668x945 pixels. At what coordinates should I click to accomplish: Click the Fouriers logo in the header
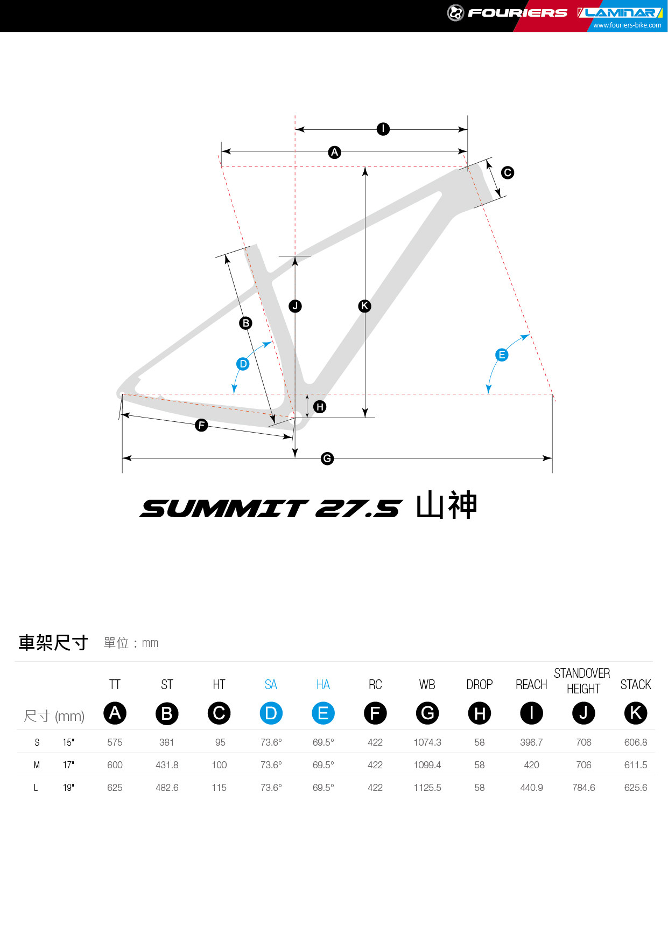point(507,12)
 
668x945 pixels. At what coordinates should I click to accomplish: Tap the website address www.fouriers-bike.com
point(627,25)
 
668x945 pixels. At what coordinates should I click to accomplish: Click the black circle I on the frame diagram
point(383,129)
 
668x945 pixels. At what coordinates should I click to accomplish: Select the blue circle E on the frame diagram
point(502,355)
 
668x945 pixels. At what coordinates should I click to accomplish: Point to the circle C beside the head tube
point(507,172)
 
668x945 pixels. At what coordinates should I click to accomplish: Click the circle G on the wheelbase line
point(327,458)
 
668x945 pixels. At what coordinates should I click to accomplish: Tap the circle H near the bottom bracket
point(320,407)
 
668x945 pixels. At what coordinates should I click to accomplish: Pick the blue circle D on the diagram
point(243,364)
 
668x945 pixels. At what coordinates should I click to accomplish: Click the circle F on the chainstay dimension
point(201,425)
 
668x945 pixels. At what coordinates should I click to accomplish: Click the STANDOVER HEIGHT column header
point(582,681)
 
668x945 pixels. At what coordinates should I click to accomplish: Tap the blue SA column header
point(271,685)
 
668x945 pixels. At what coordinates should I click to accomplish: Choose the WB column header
point(427,685)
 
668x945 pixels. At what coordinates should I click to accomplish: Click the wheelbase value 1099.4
point(427,765)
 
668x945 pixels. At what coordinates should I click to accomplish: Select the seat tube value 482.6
point(167,788)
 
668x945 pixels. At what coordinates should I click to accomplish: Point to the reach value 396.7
point(531,742)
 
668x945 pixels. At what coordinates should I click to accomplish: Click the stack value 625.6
point(636,788)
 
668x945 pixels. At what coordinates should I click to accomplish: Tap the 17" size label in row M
point(68,765)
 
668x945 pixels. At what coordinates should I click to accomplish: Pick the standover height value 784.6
point(583,788)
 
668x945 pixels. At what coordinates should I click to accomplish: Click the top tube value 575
point(115,742)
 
